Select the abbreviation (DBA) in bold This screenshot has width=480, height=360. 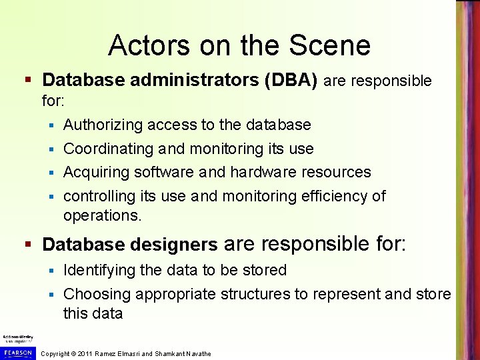tap(290, 81)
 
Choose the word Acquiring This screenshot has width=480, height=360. tap(96, 172)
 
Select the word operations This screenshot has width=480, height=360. tap(102, 215)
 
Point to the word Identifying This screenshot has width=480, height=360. tap(101, 270)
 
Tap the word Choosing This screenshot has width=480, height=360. tap(97, 294)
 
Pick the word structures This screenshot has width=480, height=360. tap(254, 294)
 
